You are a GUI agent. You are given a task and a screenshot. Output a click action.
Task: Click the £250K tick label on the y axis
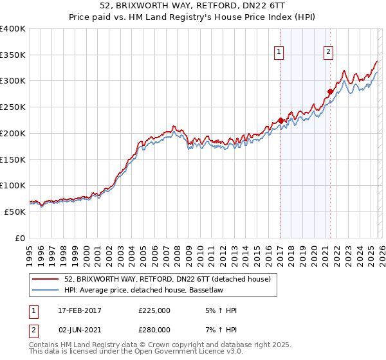pyautogui.click(x=12, y=107)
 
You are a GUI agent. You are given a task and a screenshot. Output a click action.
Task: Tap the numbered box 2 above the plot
pyautogui.click(x=328, y=53)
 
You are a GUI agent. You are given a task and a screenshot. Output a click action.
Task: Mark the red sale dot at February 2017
pyautogui.click(x=280, y=120)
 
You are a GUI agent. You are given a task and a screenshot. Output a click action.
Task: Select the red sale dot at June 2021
pyautogui.click(x=330, y=91)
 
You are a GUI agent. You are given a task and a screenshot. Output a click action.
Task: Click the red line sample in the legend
pyautogui.click(x=46, y=279)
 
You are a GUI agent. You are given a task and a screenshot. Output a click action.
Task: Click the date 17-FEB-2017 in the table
pyautogui.click(x=80, y=310)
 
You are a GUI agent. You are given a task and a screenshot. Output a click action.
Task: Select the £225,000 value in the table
pyautogui.click(x=154, y=310)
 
